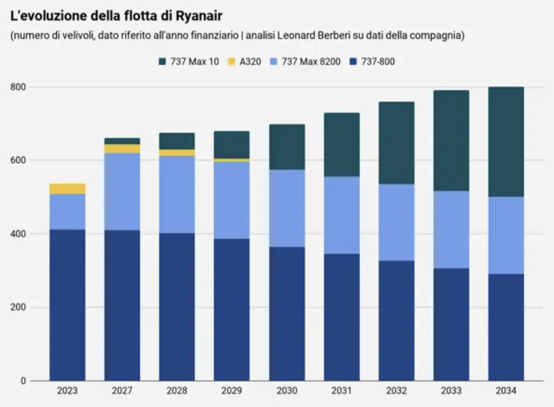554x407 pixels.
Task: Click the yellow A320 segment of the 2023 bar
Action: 68,189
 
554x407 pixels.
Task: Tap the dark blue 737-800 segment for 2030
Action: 287,313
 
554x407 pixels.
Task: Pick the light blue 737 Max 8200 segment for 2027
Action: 122,191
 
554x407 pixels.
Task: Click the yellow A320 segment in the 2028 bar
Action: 177,153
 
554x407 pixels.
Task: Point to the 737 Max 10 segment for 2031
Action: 342,145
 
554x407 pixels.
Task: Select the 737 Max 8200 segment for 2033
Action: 452,230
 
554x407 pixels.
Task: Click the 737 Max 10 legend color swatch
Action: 162,62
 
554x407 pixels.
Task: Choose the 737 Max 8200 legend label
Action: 311,62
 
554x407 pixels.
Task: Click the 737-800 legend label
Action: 378,62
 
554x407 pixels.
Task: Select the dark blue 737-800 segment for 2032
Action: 397,320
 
